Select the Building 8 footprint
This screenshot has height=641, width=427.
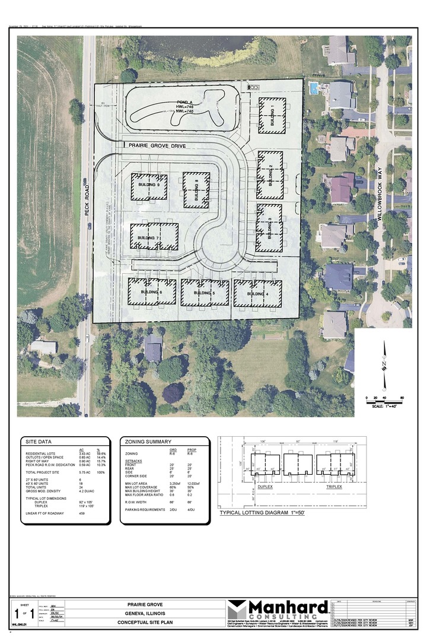click(196, 190)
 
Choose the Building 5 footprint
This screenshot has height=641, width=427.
click(205, 293)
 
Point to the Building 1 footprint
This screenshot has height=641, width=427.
click(272, 112)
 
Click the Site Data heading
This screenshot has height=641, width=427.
click(37, 442)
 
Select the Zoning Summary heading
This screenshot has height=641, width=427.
click(145, 442)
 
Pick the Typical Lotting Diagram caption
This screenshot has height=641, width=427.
click(262, 512)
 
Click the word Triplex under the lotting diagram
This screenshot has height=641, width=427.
click(336, 486)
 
